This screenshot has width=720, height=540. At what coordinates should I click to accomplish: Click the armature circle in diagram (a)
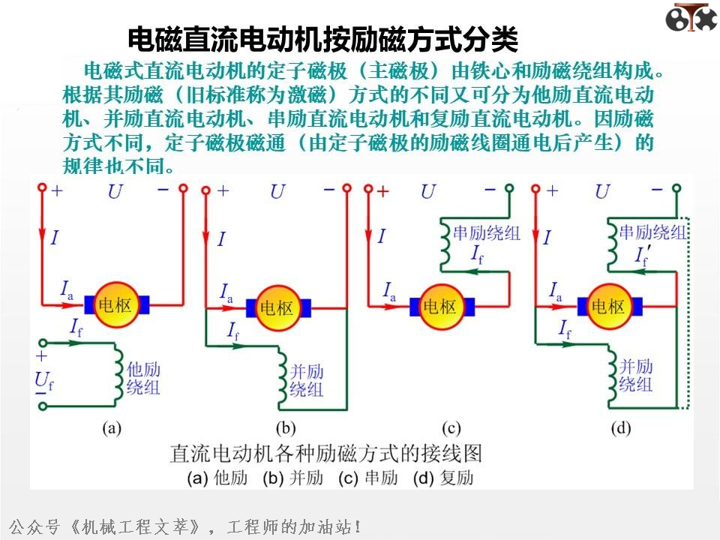pyautogui.click(x=117, y=304)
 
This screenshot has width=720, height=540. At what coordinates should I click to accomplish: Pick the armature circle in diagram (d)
pyautogui.click(x=608, y=306)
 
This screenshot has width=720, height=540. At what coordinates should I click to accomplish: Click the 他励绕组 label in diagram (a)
pyautogui.click(x=143, y=379)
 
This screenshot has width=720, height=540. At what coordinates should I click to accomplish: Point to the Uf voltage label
pyautogui.click(x=43, y=382)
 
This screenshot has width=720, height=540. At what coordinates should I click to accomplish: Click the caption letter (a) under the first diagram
pyautogui.click(x=112, y=428)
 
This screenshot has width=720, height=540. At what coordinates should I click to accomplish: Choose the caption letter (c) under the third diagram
pyautogui.click(x=451, y=428)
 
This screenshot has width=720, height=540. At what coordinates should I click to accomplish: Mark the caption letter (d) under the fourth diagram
pyautogui.click(x=621, y=428)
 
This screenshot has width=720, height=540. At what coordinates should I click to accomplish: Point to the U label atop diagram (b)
pyautogui.click(x=277, y=192)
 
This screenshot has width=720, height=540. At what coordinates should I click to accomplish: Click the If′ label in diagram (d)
pyautogui.click(x=642, y=257)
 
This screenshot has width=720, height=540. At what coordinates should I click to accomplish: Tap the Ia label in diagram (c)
pyautogui.click(x=391, y=291)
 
